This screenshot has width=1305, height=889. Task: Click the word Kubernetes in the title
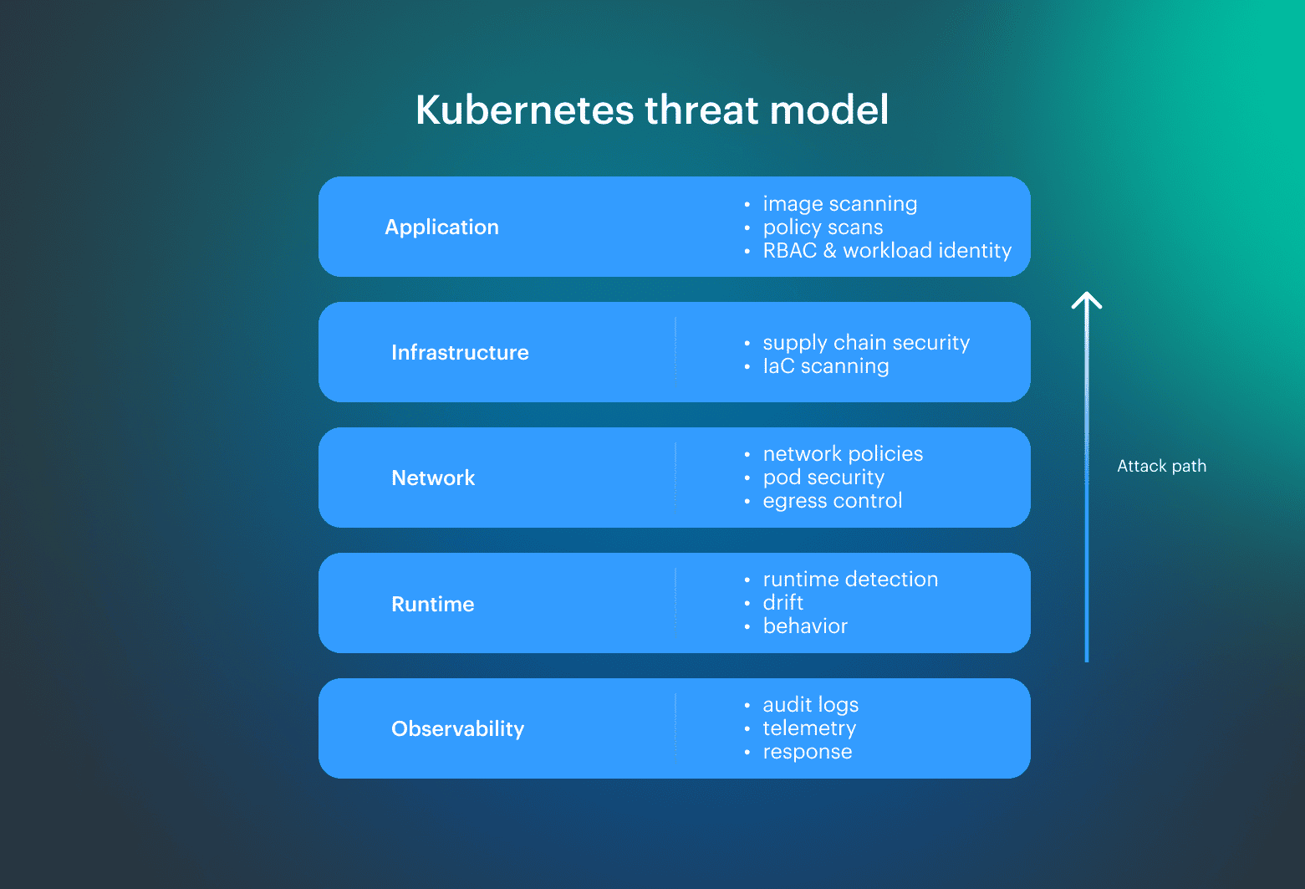tap(524, 110)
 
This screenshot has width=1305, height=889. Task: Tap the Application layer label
tap(441, 227)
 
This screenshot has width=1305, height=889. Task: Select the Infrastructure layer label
tap(460, 353)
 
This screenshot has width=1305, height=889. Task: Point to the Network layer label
tap(433, 478)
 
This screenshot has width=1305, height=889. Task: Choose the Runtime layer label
tap(432, 604)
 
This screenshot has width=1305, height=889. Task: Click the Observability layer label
tap(457, 729)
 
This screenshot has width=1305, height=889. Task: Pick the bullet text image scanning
tap(839, 204)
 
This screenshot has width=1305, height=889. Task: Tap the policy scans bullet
tap(823, 227)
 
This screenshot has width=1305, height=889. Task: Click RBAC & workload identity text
tap(886, 251)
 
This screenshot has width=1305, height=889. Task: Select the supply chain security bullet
tap(866, 343)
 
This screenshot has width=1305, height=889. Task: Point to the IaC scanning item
tap(825, 366)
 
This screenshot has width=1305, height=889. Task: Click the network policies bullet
tap(843, 454)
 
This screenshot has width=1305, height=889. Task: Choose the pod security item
tap(823, 478)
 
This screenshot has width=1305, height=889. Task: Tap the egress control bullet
tap(832, 501)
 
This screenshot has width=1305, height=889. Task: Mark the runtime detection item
tap(850, 580)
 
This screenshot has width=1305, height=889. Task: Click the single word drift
tap(782, 603)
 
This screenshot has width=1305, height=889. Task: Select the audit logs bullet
tap(810, 705)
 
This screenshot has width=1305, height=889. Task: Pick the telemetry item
tap(809, 728)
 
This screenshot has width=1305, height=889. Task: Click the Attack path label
tap(1161, 467)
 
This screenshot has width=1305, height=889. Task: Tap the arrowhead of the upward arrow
tap(1087, 299)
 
